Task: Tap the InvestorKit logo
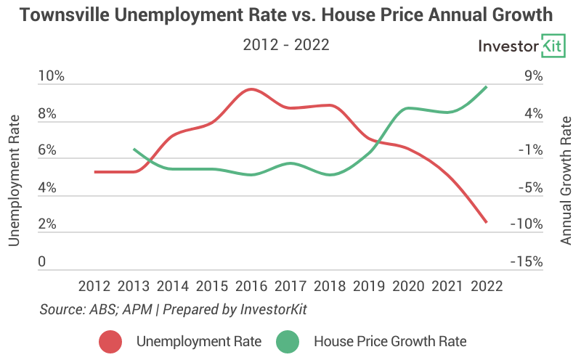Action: point(521,46)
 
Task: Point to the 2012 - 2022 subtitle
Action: point(286,45)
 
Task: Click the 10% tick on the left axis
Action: point(52,76)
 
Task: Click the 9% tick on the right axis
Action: point(532,76)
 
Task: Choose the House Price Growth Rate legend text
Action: point(389,340)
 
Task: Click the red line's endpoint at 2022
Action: point(487,222)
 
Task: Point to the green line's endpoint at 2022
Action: point(486,87)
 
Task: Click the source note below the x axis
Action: point(174,309)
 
